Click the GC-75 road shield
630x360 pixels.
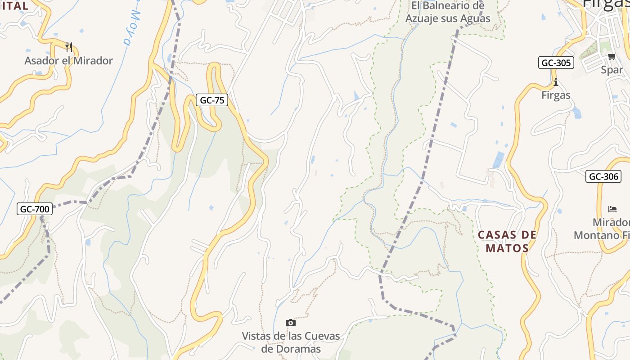[212, 100]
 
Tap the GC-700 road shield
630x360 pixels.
[35, 209]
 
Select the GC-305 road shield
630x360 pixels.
[556, 63]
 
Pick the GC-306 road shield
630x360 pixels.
[603, 176]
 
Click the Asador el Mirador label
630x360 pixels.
[68, 61]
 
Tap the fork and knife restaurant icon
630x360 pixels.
[69, 47]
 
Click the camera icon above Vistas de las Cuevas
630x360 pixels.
[291, 323]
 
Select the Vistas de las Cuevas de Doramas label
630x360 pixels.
[291, 342]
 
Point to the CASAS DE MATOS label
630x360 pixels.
[507, 241]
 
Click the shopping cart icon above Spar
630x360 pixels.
[612, 56]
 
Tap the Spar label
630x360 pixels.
[612, 70]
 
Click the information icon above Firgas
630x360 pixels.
[556, 82]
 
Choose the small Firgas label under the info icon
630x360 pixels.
[556, 95]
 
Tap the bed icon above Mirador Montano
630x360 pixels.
[612, 209]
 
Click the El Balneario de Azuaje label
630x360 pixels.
[448, 12]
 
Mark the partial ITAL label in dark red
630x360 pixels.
[14, 6]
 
